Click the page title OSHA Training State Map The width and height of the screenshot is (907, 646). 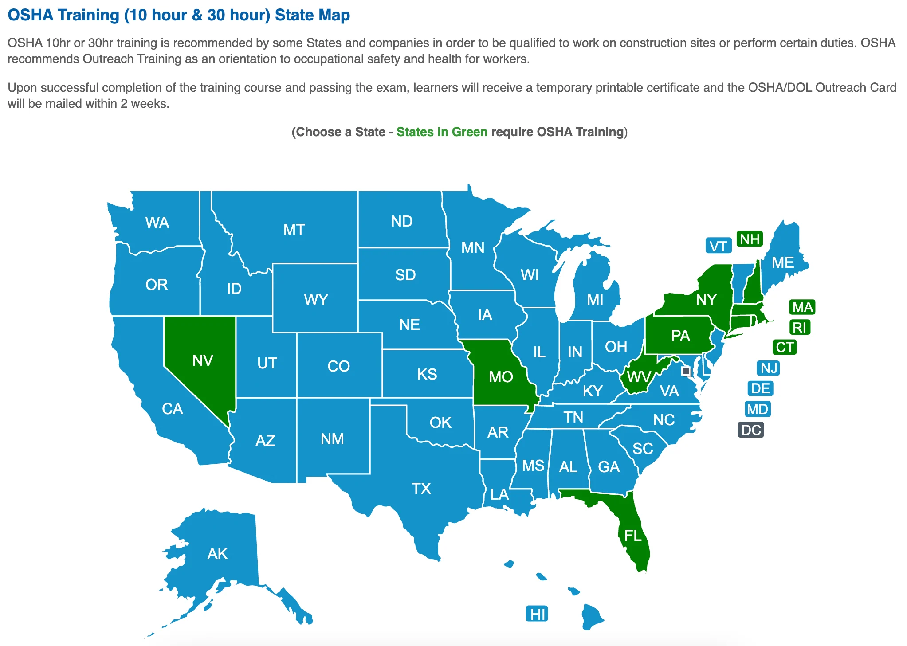click(x=179, y=15)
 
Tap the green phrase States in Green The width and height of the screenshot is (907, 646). click(x=442, y=132)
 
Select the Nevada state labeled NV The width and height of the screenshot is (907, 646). click(x=203, y=360)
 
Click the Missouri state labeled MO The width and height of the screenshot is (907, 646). click(x=501, y=377)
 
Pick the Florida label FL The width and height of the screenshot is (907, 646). click(x=633, y=536)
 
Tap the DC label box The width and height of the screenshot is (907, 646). click(x=751, y=430)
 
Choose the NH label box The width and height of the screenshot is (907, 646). click(x=750, y=239)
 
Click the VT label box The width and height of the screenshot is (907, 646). click(x=718, y=246)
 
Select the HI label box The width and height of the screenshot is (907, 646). click(x=538, y=614)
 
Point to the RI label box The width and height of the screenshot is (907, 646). click(x=800, y=328)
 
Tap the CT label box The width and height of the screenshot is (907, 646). click(x=785, y=347)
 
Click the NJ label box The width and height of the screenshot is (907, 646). click(x=769, y=368)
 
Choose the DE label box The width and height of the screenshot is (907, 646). click(x=760, y=389)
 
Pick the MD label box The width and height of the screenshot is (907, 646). click(x=757, y=409)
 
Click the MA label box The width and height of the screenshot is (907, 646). click(x=802, y=307)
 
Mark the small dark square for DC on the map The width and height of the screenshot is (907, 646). click(x=686, y=371)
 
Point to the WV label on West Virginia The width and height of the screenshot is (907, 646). click(x=639, y=377)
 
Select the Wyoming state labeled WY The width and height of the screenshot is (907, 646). click(x=316, y=300)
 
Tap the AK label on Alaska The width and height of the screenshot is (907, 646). click(x=217, y=554)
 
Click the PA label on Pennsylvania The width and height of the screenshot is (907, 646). click(x=680, y=336)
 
